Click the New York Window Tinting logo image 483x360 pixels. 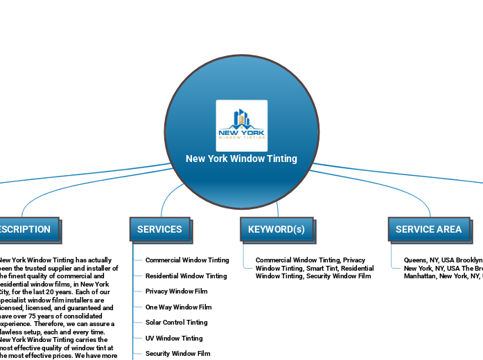[x=241, y=125]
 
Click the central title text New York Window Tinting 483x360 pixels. [x=241, y=159]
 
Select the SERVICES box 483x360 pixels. [x=159, y=229]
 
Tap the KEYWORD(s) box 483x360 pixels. [x=276, y=229]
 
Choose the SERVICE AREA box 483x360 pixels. [x=428, y=229]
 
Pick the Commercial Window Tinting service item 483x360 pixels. [x=187, y=260]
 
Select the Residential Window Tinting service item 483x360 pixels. [x=186, y=276]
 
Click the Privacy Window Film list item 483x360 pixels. [x=176, y=291]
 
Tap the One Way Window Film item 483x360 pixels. [x=178, y=307]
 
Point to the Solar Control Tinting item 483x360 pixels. [x=176, y=323]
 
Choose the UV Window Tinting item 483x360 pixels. [x=174, y=339]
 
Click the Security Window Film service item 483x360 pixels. [x=177, y=354]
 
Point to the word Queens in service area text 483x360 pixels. [x=415, y=260]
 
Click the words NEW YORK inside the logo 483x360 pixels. [x=241, y=132]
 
